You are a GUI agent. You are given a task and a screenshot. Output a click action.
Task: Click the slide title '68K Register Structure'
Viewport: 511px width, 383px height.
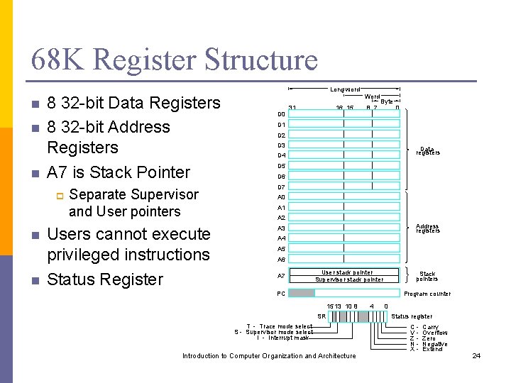pyautogui.click(x=175, y=60)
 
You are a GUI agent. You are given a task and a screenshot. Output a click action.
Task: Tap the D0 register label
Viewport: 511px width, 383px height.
pyautogui.click(x=281, y=114)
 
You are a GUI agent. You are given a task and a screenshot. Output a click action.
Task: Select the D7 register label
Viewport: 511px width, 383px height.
pyautogui.click(x=281, y=187)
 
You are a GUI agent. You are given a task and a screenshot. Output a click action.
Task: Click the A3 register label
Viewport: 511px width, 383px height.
pyautogui.click(x=281, y=228)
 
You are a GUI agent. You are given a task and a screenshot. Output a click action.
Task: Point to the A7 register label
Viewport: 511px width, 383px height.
pyautogui.click(x=281, y=275)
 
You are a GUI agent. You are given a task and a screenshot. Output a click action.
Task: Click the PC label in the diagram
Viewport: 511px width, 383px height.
pyautogui.click(x=280, y=293)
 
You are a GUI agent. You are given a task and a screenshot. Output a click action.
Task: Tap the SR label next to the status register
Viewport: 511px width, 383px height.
pyautogui.click(x=322, y=316)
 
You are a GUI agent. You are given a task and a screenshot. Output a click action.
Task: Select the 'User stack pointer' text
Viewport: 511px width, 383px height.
pyautogui.click(x=347, y=272)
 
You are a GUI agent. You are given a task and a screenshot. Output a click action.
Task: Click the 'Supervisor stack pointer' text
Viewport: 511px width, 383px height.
pyautogui.click(x=348, y=279)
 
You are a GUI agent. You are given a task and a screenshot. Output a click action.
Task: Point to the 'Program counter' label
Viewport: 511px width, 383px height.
pyautogui.click(x=427, y=294)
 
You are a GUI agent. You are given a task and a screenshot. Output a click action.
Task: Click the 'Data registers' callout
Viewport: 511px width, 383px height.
pyautogui.click(x=427, y=151)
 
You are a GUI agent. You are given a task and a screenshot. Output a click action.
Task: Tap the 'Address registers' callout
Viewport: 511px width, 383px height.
pyautogui.click(x=427, y=228)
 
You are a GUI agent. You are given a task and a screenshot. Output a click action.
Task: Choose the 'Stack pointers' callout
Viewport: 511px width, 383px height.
pyautogui.click(x=427, y=276)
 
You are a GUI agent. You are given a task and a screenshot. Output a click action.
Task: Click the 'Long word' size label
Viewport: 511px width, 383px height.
pyautogui.click(x=345, y=89)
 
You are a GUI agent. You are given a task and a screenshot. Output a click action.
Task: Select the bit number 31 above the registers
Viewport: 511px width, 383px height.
pyautogui.click(x=292, y=108)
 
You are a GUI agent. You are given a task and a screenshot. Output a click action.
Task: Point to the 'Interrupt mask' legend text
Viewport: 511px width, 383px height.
pyautogui.click(x=283, y=338)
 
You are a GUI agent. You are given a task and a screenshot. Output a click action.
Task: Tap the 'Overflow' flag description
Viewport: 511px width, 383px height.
pyautogui.click(x=434, y=333)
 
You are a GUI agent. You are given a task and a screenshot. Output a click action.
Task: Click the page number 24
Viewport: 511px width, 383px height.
pyautogui.click(x=476, y=355)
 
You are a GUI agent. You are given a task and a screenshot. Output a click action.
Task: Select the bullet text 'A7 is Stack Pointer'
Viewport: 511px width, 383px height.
pyautogui.click(x=119, y=172)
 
